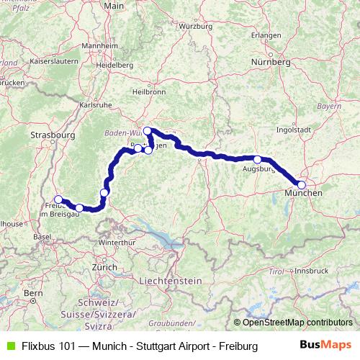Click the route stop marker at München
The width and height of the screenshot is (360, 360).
(x=302, y=185)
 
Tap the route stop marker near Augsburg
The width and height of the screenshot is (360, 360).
(x=257, y=159)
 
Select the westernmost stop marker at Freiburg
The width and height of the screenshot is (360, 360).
(x=58, y=199)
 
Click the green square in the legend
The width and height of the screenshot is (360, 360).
(x=8, y=346)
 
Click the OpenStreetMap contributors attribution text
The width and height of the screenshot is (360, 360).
(x=298, y=323)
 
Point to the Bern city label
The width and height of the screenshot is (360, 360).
(x=33, y=294)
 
